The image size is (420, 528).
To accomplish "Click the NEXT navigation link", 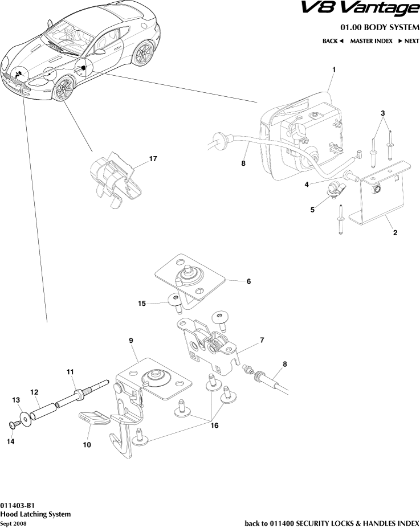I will (x=408, y=41).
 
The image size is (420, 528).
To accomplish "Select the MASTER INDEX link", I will (x=371, y=41).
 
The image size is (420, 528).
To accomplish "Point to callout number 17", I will (x=153, y=159).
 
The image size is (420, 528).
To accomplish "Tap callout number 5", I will (x=312, y=210).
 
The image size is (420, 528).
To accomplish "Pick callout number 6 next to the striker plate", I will (x=248, y=281).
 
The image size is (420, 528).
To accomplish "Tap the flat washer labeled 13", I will (x=25, y=421).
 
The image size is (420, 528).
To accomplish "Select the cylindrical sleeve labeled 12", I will (x=43, y=410).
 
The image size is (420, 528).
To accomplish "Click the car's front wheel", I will (x=64, y=90).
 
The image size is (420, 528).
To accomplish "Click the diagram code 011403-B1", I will (x=18, y=505).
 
